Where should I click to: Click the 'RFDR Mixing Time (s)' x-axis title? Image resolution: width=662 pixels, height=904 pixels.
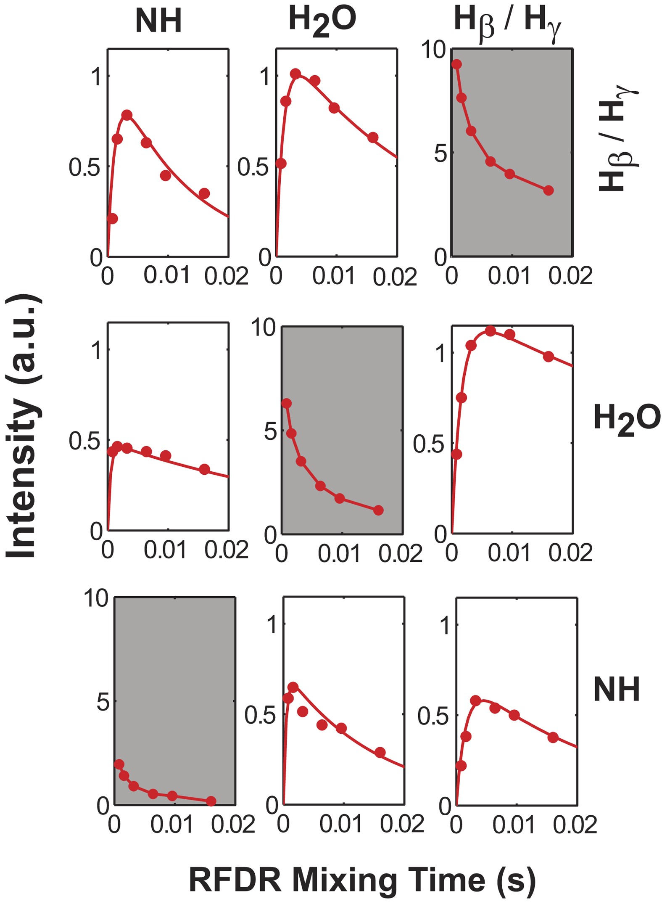point(362,880)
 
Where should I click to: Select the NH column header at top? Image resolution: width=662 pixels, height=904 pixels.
point(158,21)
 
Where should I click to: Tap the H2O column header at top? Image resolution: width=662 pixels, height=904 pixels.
point(322,21)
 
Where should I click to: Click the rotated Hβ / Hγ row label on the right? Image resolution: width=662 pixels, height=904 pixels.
point(616,139)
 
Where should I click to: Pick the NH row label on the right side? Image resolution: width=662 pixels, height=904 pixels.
point(616,690)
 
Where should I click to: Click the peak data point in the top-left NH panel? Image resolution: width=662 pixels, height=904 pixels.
point(127,115)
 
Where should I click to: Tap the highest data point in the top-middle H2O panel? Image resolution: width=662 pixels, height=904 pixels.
point(296,74)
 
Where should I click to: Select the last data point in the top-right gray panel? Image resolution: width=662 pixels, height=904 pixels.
point(548,190)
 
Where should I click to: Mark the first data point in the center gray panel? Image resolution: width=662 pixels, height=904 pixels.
point(287,404)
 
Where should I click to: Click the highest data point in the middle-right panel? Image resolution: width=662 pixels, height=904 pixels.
point(490,331)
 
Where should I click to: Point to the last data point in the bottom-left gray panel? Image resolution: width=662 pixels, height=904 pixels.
point(211,801)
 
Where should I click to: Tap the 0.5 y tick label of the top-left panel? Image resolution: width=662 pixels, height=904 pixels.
point(84,167)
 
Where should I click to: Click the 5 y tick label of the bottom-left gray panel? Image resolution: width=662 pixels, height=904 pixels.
point(103,702)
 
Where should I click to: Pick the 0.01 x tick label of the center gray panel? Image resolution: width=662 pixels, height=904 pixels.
point(339,554)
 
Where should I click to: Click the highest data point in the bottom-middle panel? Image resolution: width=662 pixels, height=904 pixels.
point(293,687)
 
